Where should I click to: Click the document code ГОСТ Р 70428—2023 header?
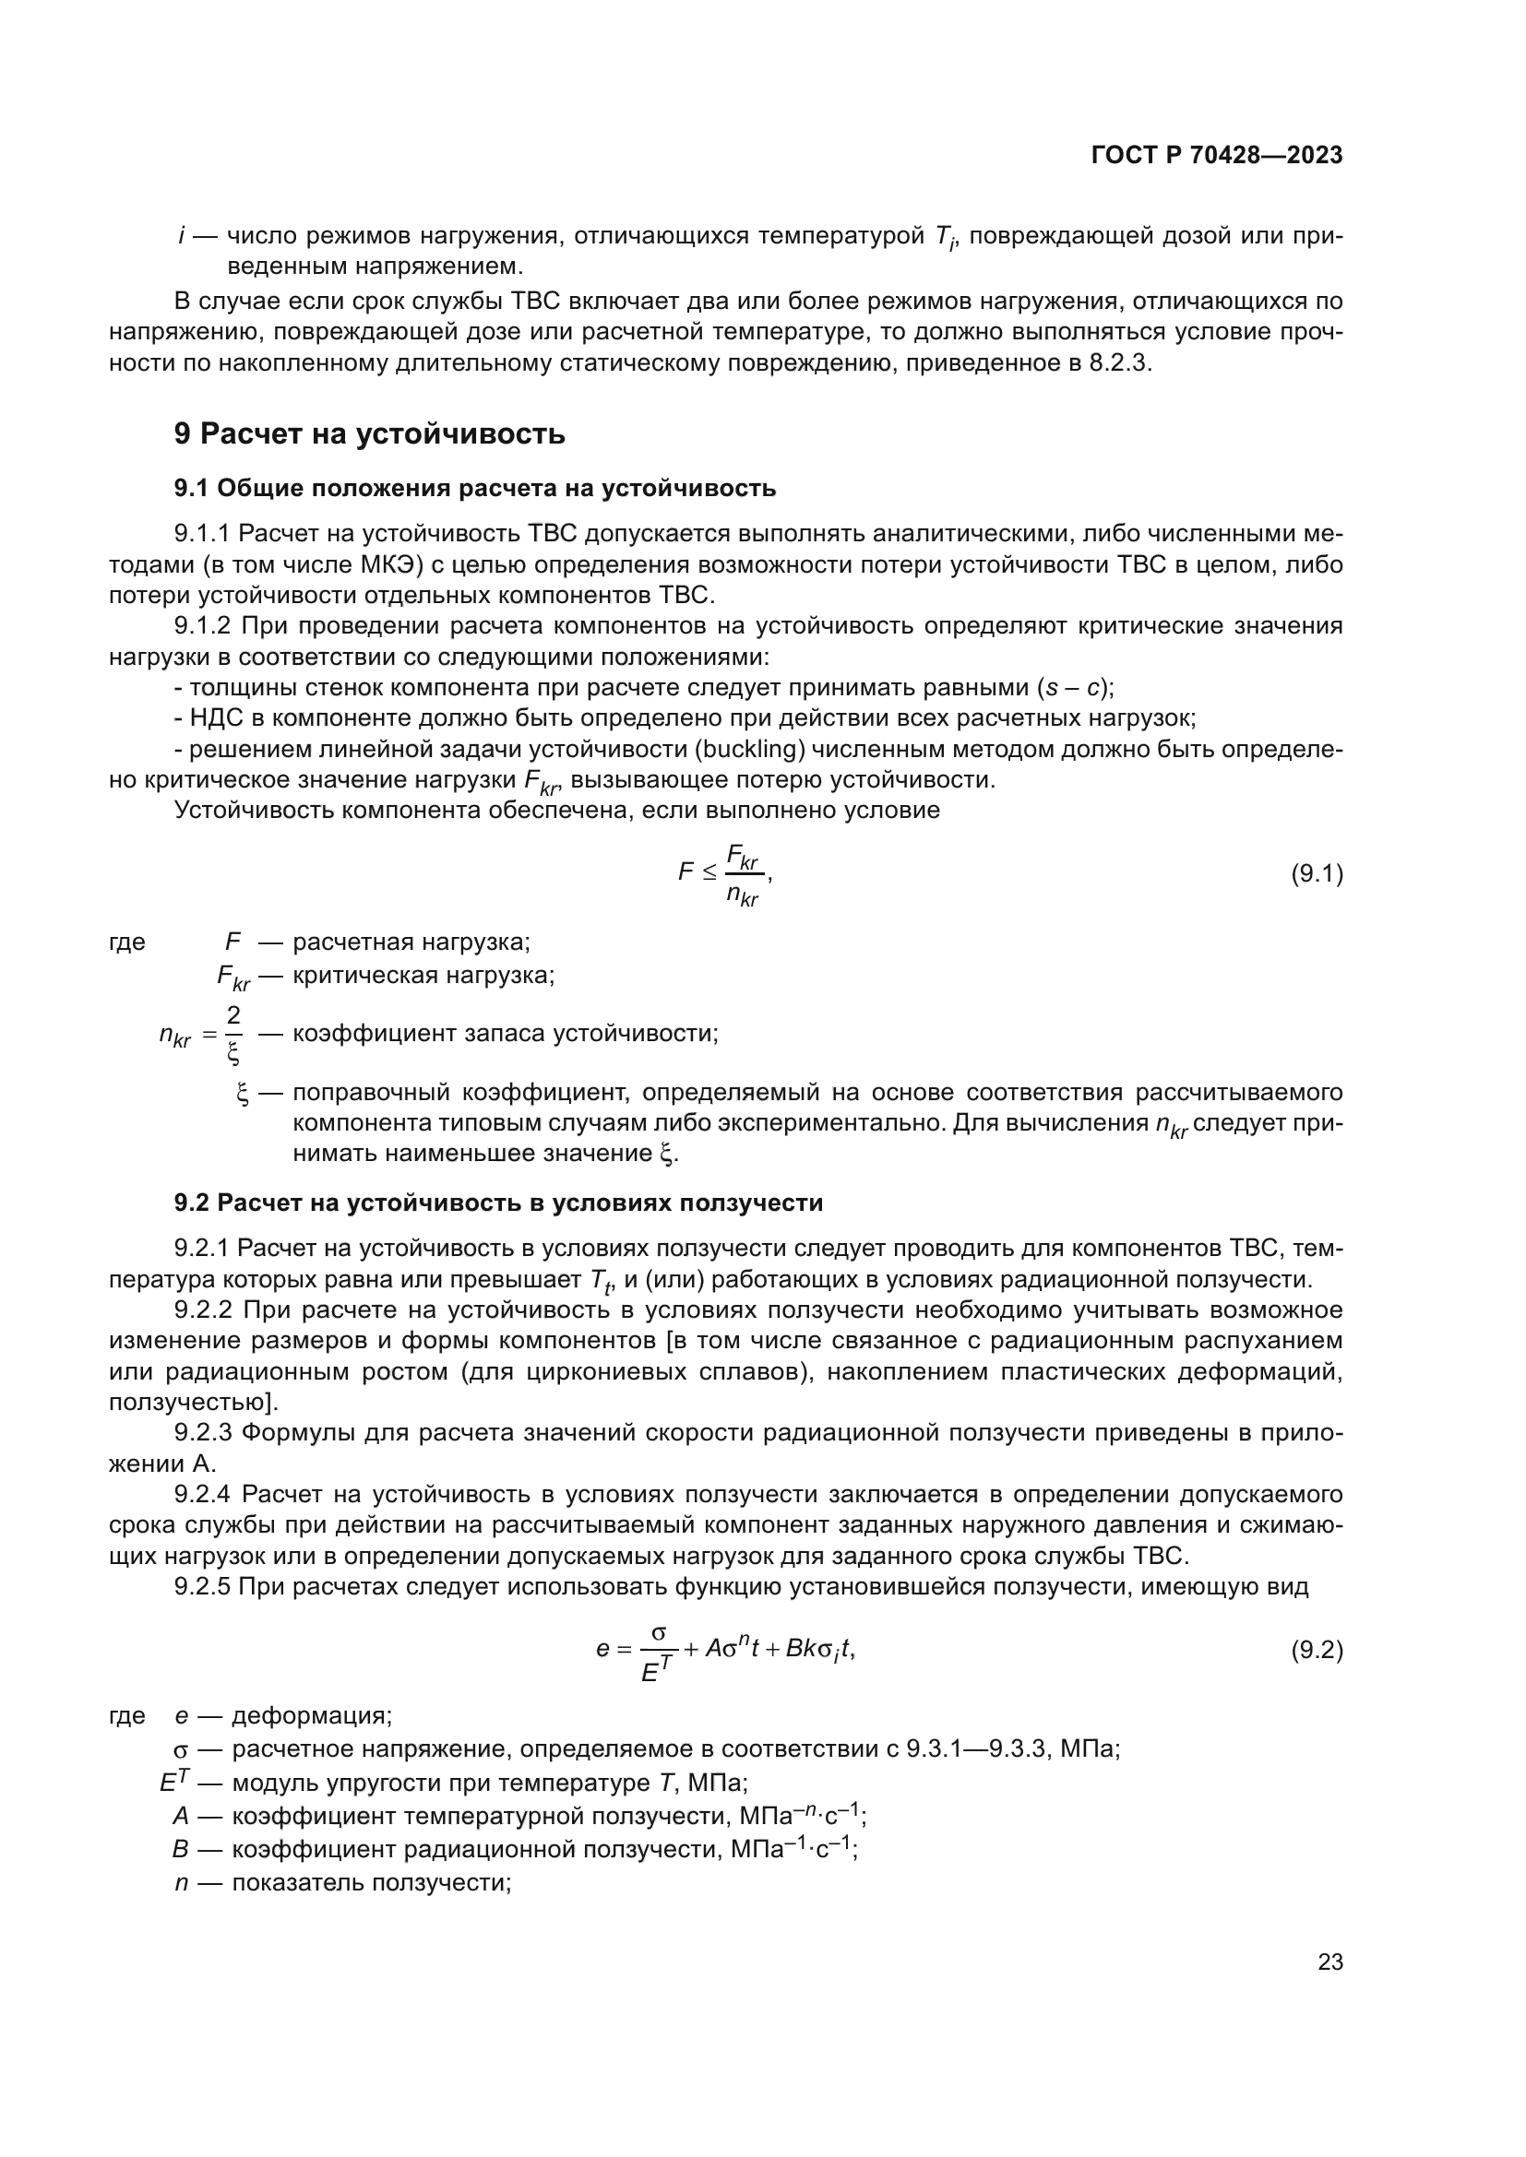[1217, 156]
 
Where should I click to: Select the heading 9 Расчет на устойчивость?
[369, 434]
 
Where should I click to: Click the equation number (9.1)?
[1316, 873]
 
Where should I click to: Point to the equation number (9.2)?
[1316, 1650]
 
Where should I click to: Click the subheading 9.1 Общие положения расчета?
[474, 488]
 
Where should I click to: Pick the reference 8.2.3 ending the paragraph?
[1119, 363]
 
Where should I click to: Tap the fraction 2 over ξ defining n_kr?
[233, 1035]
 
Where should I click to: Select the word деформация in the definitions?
[311, 1715]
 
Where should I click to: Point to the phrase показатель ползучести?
[371, 1884]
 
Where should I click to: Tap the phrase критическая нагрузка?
[423, 975]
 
